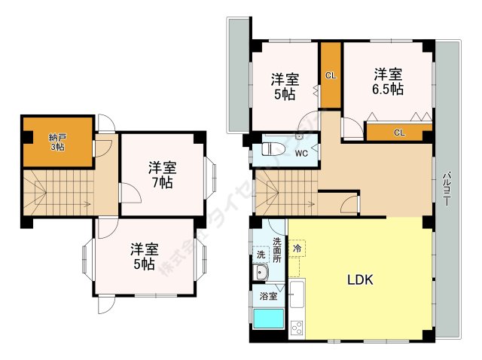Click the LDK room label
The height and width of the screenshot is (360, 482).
coord(360,280)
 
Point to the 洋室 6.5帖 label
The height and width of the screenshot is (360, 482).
coord(389,81)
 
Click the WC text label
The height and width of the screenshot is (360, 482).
coord(300,154)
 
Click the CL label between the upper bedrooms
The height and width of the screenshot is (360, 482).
coord(331,75)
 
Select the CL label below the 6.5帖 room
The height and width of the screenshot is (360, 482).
coord(398,133)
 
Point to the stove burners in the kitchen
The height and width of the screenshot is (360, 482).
coord(296,327)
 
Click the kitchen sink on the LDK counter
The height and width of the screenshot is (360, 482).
coord(296,294)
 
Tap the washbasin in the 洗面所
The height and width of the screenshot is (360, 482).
coord(261,273)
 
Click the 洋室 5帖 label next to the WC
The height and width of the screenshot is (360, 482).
coord(285,87)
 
